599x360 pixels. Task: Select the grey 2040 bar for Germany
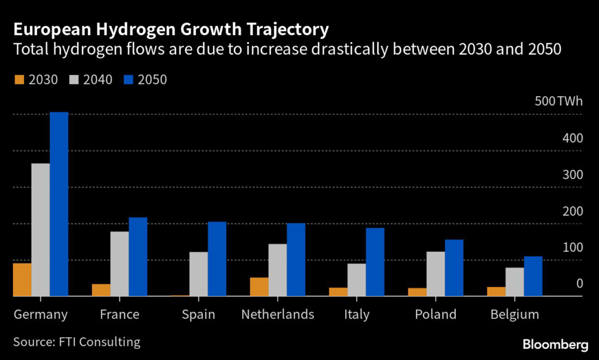tap(40, 229)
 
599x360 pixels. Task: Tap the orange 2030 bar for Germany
tap(22, 280)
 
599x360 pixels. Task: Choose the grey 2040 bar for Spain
tap(198, 274)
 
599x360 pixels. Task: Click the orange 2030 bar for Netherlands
tap(259, 287)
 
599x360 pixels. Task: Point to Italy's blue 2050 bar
tap(375, 262)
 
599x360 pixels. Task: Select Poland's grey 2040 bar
tap(436, 274)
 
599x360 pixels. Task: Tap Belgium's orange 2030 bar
tap(496, 292)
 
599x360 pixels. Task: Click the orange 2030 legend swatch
tap(18, 79)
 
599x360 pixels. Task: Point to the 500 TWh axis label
tap(559, 101)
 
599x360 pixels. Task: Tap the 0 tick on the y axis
tap(579, 283)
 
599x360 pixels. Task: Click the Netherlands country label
tap(278, 314)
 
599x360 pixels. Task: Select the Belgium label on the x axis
tap(515, 314)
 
